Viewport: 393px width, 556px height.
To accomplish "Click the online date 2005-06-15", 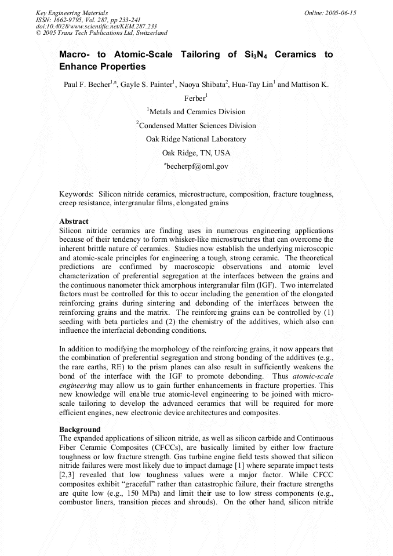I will coord(340,13).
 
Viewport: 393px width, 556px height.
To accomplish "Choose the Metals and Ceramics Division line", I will coord(196,112).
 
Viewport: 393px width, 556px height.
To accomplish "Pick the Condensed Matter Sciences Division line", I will coord(196,125).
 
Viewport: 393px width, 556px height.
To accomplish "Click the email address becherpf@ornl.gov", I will coord(197,166).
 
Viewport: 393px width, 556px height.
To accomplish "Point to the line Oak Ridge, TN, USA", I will coord(196,153).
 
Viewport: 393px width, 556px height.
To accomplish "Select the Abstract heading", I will coord(74,221).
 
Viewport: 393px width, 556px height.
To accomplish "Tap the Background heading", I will coord(78,429).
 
